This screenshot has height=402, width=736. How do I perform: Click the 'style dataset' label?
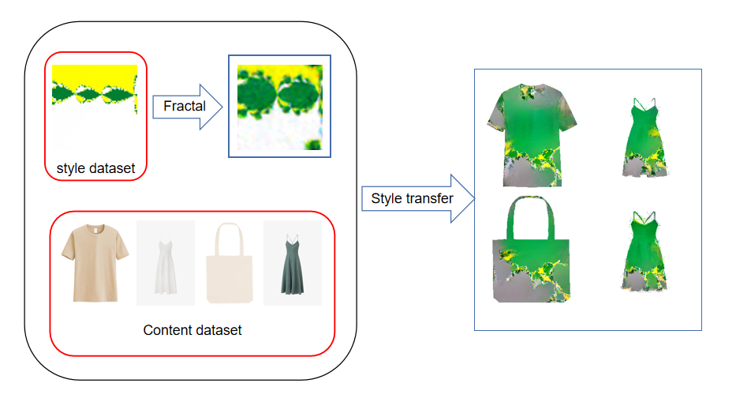[x=95, y=168]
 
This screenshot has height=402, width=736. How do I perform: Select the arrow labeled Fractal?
[x=187, y=107]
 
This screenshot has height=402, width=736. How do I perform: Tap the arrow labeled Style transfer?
[x=418, y=198]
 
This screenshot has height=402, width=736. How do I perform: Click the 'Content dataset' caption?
[x=192, y=330]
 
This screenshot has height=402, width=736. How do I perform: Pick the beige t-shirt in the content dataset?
[x=95, y=263]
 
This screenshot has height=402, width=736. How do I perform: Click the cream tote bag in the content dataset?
[x=230, y=263]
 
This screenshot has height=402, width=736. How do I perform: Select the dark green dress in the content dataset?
[x=293, y=265]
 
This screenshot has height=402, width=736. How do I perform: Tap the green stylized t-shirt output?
[x=532, y=135]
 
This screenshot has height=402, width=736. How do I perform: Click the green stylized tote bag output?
[x=532, y=250]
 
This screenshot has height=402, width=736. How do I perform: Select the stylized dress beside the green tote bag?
[x=644, y=251]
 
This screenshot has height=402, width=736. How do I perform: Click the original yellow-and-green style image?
[x=95, y=107]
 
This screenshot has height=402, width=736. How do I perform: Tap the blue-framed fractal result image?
[x=280, y=107]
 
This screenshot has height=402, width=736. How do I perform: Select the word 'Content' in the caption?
[x=166, y=330]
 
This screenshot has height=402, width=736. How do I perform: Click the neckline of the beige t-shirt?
[x=95, y=228]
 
